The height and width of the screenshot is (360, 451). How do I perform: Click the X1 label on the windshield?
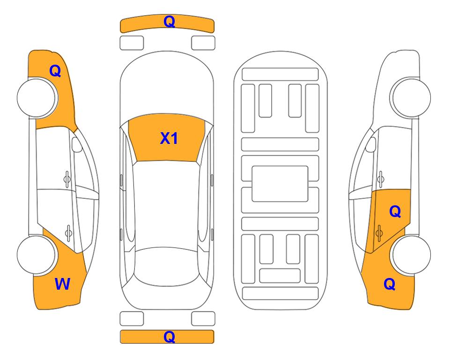(x=169, y=138)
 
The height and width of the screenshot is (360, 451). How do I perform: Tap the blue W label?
(x=62, y=284)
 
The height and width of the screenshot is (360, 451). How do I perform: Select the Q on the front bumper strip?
(x=169, y=21)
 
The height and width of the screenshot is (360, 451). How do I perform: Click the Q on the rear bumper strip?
(x=169, y=337)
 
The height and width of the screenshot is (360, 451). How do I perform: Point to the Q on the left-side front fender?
(x=55, y=71)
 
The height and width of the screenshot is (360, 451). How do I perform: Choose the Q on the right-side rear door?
(x=395, y=212)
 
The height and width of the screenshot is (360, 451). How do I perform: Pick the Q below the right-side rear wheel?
(x=390, y=284)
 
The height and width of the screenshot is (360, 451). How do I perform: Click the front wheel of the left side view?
(x=37, y=97)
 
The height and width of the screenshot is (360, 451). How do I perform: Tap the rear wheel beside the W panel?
(x=37, y=255)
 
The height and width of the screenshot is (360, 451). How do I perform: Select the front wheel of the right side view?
(x=410, y=97)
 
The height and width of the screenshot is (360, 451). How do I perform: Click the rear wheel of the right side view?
(x=411, y=255)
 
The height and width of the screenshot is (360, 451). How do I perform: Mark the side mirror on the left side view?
(x=76, y=144)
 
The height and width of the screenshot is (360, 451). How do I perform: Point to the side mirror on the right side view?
(x=371, y=144)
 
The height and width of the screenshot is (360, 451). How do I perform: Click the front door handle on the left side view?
(x=67, y=179)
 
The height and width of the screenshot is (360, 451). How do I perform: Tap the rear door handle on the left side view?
(x=68, y=232)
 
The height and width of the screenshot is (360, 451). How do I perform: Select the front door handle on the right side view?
(x=380, y=179)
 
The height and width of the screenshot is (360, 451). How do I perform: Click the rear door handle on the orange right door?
(x=379, y=232)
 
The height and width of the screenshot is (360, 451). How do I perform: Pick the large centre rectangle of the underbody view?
(x=280, y=184)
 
